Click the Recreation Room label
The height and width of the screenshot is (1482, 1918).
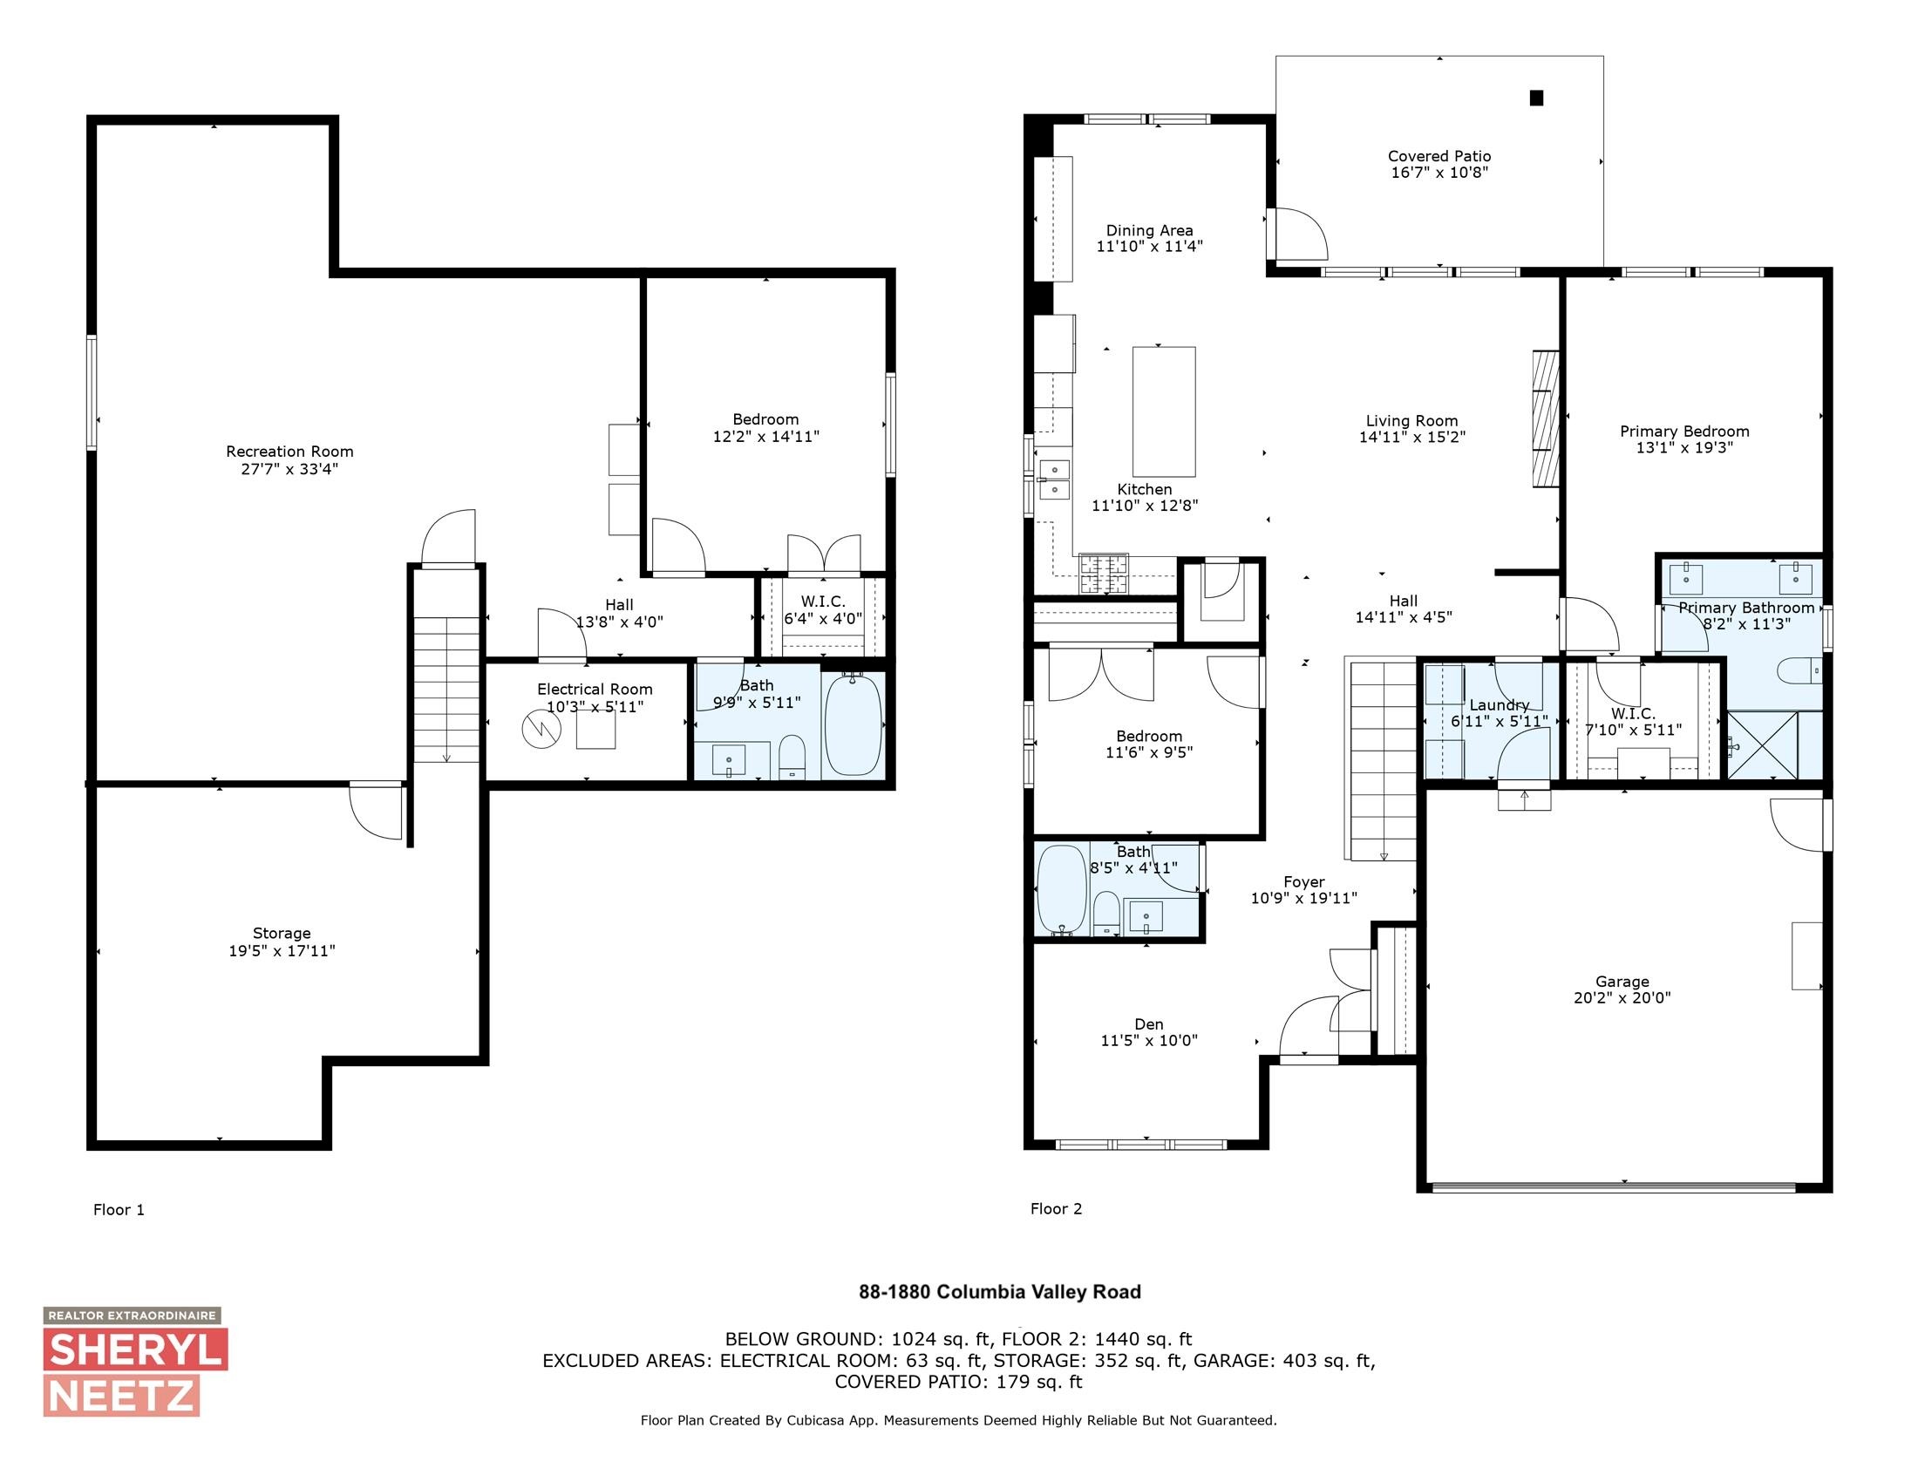point(289,452)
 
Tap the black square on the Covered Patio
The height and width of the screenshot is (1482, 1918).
point(1536,99)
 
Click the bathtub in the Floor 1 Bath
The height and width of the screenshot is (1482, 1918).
point(853,724)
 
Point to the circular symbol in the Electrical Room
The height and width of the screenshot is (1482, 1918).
point(541,728)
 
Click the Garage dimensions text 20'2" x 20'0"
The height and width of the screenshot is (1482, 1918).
point(1622,997)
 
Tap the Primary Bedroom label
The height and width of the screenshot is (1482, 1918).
point(1683,431)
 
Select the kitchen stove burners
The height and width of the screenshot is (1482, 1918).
point(1102,574)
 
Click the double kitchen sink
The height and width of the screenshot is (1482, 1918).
point(1054,479)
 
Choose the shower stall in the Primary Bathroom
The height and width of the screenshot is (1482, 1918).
point(1762,744)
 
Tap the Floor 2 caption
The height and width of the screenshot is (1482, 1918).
point(1056,1208)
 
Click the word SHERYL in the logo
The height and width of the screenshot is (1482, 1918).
point(136,1349)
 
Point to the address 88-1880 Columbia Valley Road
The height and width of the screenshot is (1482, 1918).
point(999,1291)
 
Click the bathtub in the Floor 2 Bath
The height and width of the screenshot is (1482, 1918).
point(1062,888)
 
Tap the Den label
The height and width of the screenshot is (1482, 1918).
point(1148,1023)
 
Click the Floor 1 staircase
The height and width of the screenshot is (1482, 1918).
point(446,690)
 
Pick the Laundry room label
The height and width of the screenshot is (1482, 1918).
point(1500,705)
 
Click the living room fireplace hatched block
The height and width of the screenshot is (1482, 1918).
point(1545,418)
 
